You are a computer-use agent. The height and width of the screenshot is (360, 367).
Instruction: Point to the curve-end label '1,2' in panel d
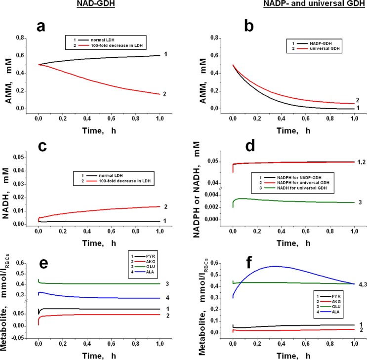click(x=354, y=162)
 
